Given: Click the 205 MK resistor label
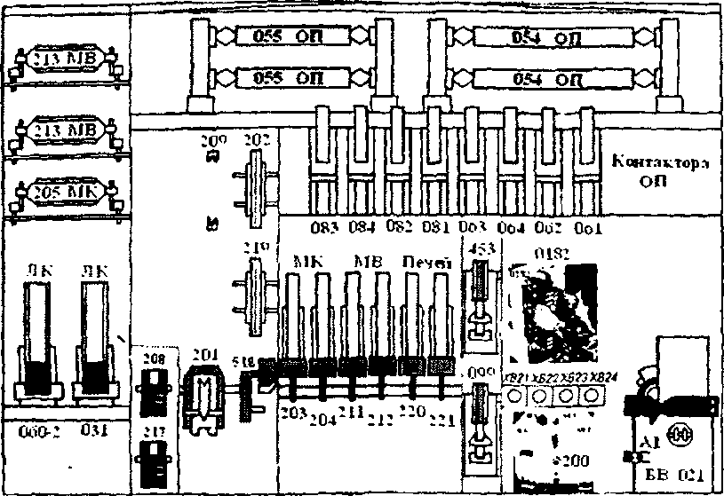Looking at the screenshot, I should (x=64, y=192).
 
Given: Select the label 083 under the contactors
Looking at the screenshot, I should (x=326, y=228).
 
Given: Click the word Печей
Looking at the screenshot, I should (x=427, y=264).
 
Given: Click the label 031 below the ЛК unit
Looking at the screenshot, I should (x=93, y=432).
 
